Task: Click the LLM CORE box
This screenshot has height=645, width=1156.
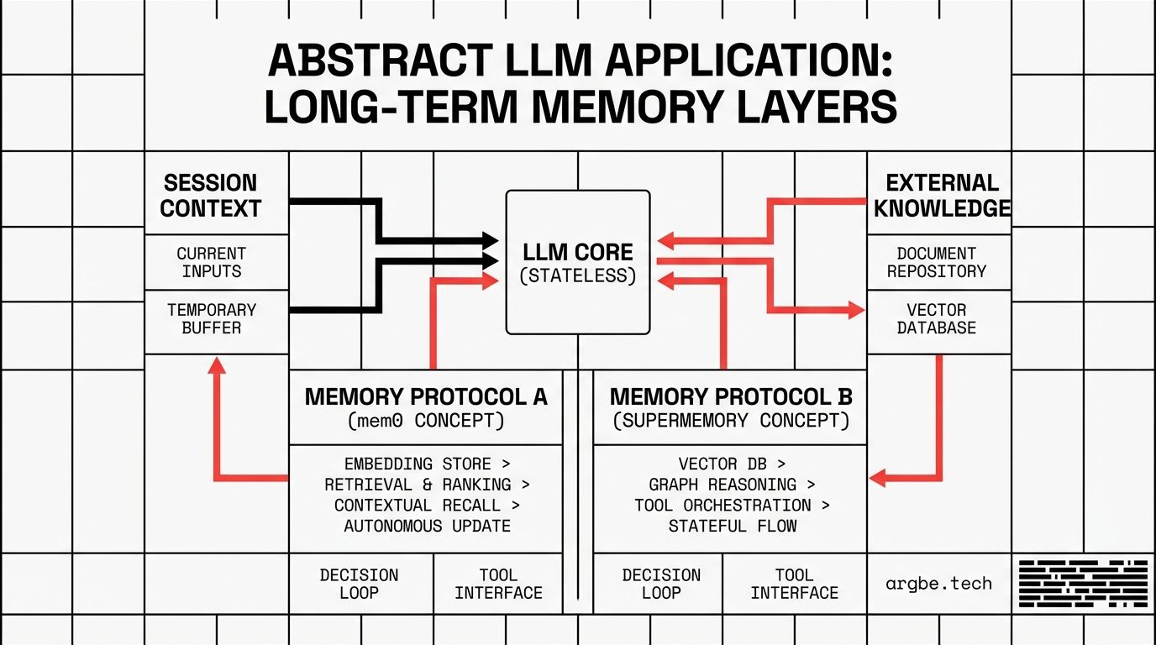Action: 578,262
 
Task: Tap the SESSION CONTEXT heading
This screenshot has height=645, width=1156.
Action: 211,196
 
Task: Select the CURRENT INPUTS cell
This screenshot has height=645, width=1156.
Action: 211,262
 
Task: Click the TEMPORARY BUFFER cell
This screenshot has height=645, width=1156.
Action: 211,318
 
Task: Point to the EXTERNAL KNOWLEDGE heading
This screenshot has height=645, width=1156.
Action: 942,196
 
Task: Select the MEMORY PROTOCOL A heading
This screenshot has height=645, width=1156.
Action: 426,396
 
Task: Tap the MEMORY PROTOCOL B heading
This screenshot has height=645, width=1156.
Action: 731,396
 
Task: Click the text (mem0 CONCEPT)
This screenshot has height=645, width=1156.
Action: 426,421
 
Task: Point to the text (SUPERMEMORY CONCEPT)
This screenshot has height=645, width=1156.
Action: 731,421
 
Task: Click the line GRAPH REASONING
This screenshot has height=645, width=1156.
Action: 731,485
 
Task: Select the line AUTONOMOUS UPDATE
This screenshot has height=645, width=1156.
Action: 427,527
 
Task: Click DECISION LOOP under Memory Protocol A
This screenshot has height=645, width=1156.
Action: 359,584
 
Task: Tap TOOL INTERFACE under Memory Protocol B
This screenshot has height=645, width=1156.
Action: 794,584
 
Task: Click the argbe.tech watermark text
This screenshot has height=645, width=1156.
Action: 938,584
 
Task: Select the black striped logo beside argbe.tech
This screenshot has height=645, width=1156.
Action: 1083,584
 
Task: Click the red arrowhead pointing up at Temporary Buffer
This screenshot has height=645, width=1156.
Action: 217,364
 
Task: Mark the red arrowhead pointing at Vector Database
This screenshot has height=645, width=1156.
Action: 856,311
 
